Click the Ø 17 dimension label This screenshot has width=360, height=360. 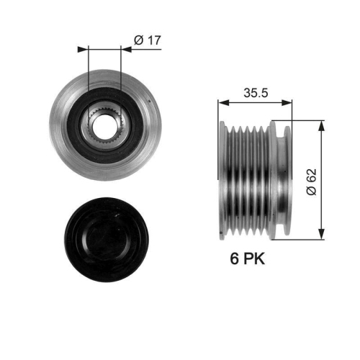pyautogui.click(x=148, y=40)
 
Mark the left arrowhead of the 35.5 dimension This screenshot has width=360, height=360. pyautogui.click(x=222, y=104)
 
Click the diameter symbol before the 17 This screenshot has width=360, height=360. pyautogui.click(x=138, y=40)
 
